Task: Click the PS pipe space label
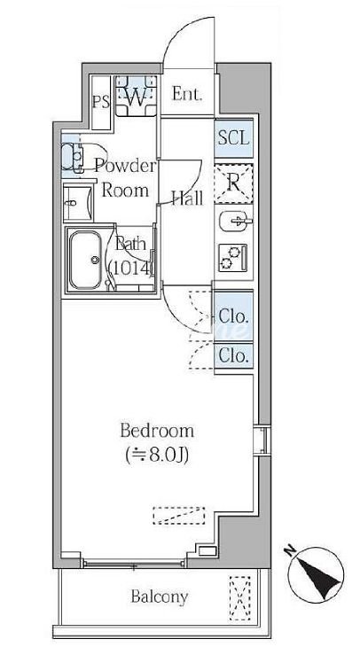(101, 102)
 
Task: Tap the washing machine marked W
(136, 96)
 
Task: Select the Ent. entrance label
(187, 94)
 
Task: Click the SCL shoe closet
(234, 137)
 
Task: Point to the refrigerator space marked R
(234, 183)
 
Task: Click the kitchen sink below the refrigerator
(234, 222)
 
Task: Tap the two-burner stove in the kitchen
(233, 258)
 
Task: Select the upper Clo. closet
(234, 316)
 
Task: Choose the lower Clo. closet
(234, 355)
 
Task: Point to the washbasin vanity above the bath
(78, 204)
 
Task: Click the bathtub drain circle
(96, 260)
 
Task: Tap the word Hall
(187, 199)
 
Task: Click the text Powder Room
(125, 178)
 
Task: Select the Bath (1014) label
(131, 256)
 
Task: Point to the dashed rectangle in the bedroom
(179, 516)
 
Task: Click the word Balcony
(160, 596)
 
